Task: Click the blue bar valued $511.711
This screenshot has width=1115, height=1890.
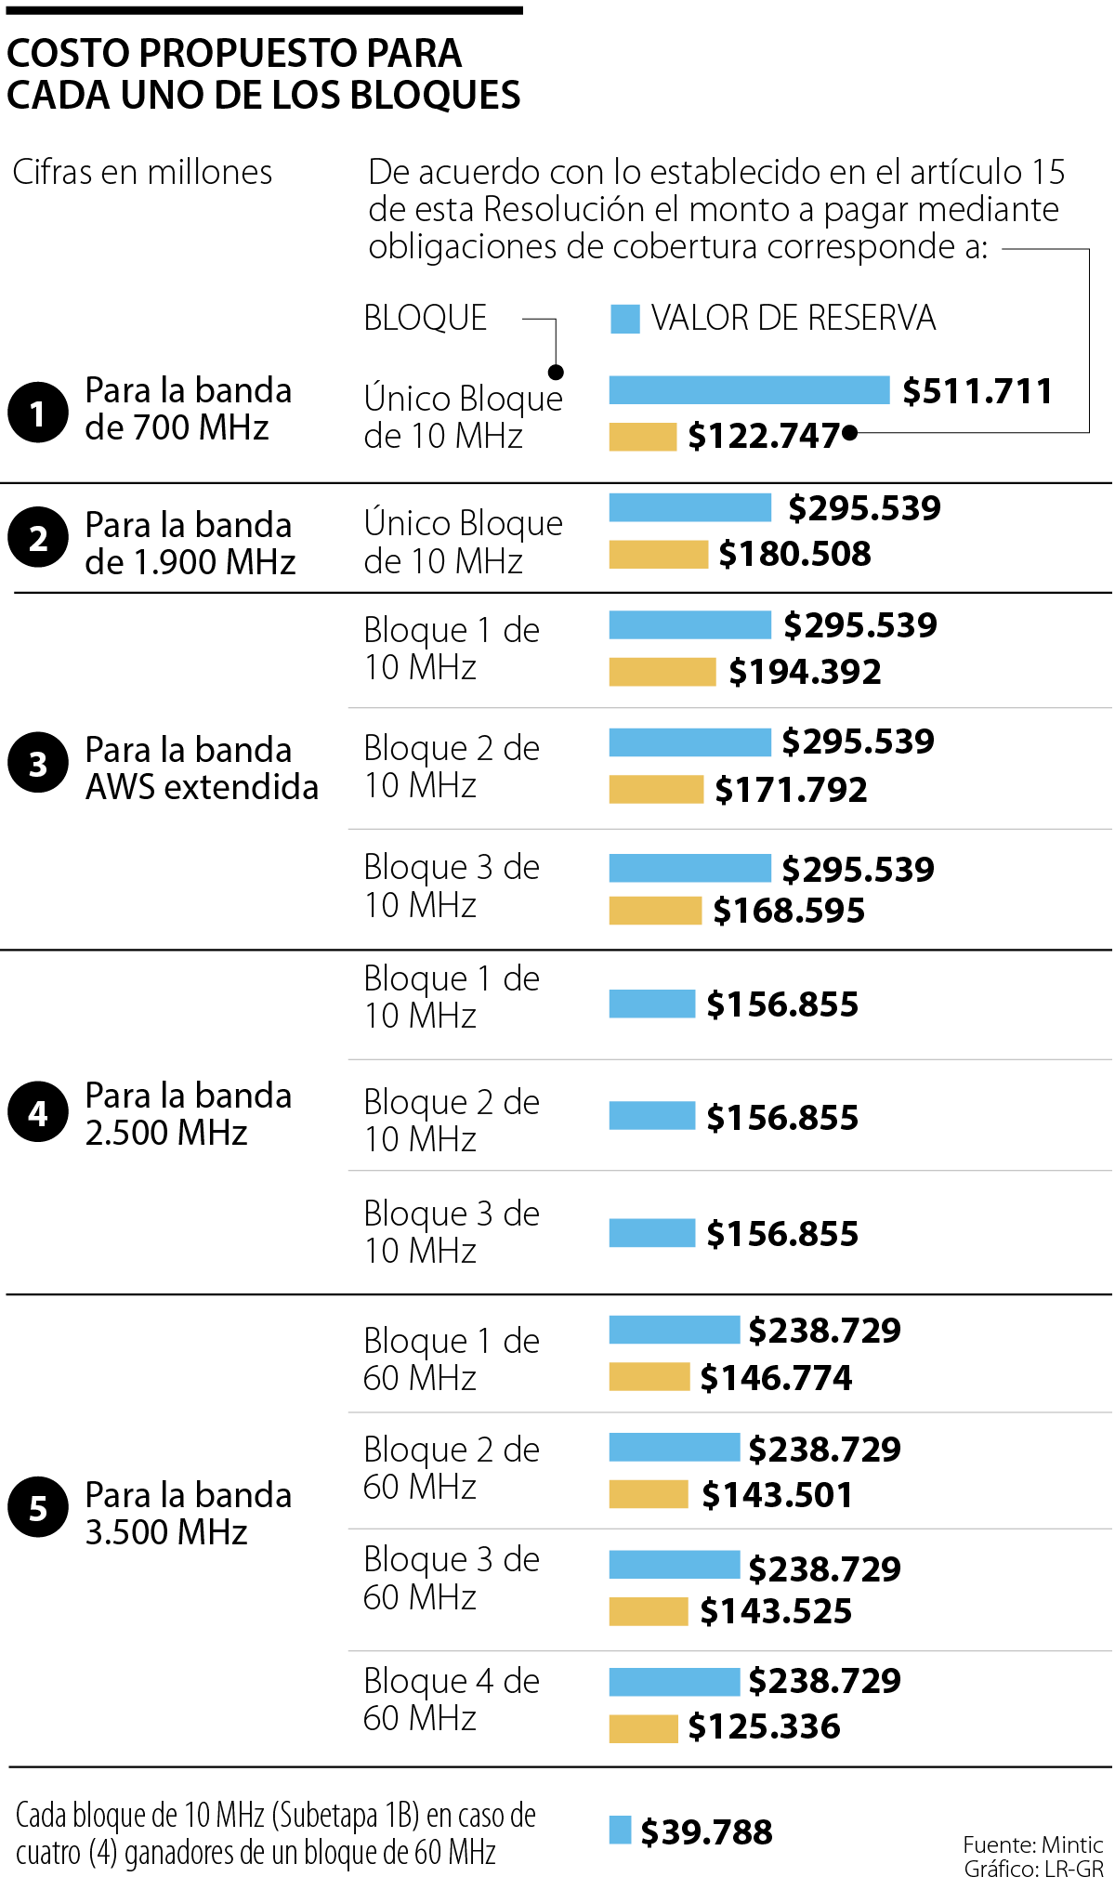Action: click(x=749, y=390)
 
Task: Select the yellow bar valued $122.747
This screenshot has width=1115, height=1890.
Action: click(x=642, y=437)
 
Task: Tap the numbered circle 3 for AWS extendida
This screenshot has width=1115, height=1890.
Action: click(x=38, y=764)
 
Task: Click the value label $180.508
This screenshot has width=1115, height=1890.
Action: click(x=794, y=554)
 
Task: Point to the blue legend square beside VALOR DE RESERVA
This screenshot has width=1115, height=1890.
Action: click(x=624, y=319)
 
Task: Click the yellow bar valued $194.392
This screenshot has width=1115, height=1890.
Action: click(x=662, y=672)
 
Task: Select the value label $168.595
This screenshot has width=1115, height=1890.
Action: click(x=789, y=911)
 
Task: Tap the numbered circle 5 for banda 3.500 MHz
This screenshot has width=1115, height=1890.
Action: click(x=38, y=1507)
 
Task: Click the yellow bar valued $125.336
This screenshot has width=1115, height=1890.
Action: click(x=643, y=1728)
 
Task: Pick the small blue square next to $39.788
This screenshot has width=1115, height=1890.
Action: click(x=620, y=1830)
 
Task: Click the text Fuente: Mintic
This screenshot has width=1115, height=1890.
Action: click(x=1032, y=1844)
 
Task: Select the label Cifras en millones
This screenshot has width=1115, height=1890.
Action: click(x=142, y=173)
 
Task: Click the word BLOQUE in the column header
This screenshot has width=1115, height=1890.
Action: click(x=425, y=319)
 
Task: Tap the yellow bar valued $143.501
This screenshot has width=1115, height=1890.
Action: click(x=649, y=1495)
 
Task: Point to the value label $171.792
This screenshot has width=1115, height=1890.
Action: click(x=791, y=790)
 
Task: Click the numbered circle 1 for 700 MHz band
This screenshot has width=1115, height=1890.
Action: click(x=38, y=412)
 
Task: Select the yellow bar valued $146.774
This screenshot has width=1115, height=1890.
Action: click(x=649, y=1377)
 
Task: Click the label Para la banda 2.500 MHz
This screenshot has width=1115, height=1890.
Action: click(x=188, y=1114)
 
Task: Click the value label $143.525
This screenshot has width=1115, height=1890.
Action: click(x=776, y=1611)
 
